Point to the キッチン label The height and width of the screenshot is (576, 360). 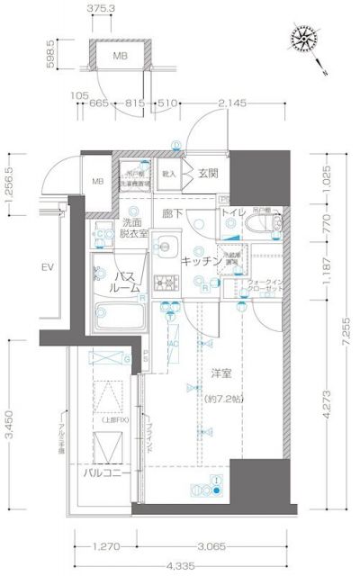[x=201, y=260]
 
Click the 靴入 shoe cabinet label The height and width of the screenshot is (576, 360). [x=168, y=169]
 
